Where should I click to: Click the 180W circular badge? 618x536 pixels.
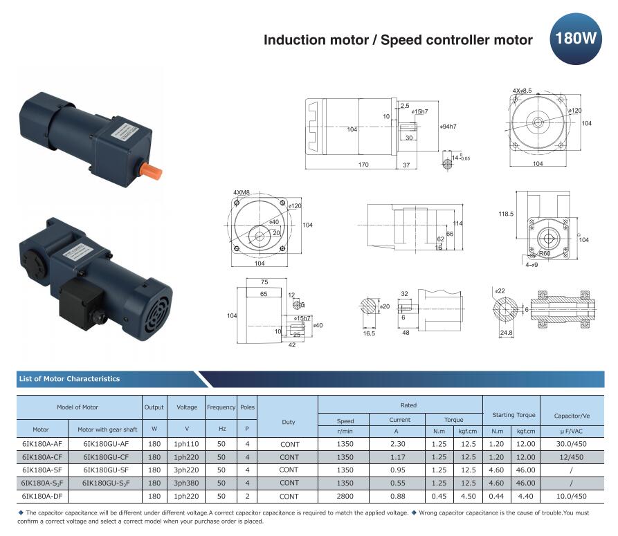pyautogui.click(x=575, y=39)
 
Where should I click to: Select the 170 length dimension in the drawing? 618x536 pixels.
pyautogui.click(x=363, y=165)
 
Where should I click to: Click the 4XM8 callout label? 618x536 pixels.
pyautogui.click(x=242, y=192)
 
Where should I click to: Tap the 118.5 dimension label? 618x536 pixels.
pyautogui.click(x=506, y=214)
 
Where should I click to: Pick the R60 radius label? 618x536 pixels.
pyautogui.click(x=545, y=253)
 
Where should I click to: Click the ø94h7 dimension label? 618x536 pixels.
pyautogui.click(x=448, y=127)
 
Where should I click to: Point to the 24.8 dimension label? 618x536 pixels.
pyautogui.click(x=506, y=333)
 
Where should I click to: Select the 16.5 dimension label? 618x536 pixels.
pyautogui.click(x=368, y=333)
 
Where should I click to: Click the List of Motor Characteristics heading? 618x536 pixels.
pyautogui.click(x=69, y=379)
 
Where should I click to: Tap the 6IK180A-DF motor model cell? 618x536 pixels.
pyautogui.click(x=42, y=496)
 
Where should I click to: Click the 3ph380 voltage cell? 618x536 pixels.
pyautogui.click(x=186, y=483)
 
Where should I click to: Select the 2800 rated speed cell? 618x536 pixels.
pyautogui.click(x=345, y=496)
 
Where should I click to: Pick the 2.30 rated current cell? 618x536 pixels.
pyautogui.click(x=398, y=444)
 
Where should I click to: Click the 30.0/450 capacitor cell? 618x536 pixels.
pyautogui.click(x=572, y=444)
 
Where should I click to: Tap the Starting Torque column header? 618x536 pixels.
pyautogui.click(x=514, y=415)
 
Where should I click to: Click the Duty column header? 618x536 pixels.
pyautogui.click(x=289, y=422)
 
